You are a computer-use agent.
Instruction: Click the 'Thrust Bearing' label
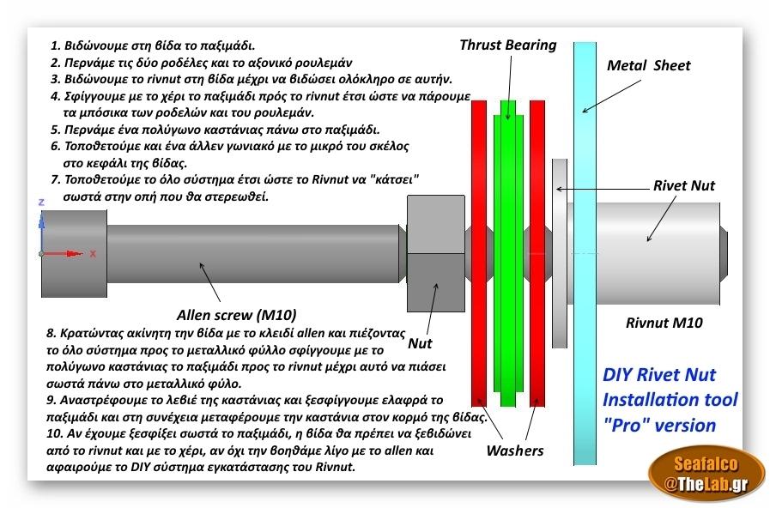click(508, 45)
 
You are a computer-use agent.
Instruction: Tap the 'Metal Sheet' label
click(648, 65)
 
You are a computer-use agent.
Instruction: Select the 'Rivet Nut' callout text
click(683, 185)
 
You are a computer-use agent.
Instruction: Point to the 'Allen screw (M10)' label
click(236, 315)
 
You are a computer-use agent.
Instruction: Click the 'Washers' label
click(515, 451)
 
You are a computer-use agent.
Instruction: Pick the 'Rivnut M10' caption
click(664, 323)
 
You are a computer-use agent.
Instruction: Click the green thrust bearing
click(508, 253)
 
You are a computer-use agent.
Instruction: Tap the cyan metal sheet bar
click(585, 253)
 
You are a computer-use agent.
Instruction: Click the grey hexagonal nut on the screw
click(436, 253)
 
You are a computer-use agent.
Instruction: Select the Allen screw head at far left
click(74, 254)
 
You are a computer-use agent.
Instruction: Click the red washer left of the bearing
click(479, 253)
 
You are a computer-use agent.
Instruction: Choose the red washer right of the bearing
click(537, 253)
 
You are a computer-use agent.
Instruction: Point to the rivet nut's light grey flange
click(560, 253)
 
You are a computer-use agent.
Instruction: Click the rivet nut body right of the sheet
click(658, 253)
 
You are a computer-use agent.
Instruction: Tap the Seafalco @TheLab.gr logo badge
click(706, 475)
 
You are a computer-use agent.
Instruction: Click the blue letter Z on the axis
click(41, 203)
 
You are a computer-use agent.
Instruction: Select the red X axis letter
click(93, 254)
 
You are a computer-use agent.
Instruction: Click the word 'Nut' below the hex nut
click(420, 343)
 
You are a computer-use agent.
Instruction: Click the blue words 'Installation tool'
click(670, 400)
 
